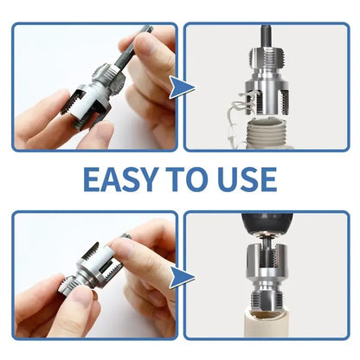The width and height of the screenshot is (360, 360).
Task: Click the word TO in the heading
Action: pos(192,178)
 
